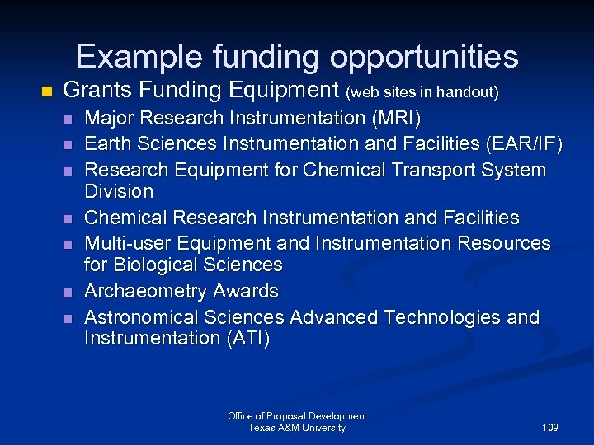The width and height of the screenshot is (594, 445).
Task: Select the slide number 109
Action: [x=550, y=428]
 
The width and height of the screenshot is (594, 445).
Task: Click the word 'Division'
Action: [x=119, y=191]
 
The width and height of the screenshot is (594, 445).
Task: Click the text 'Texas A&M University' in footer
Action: [x=297, y=428]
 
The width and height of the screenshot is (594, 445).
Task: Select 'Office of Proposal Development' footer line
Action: [x=297, y=416]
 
